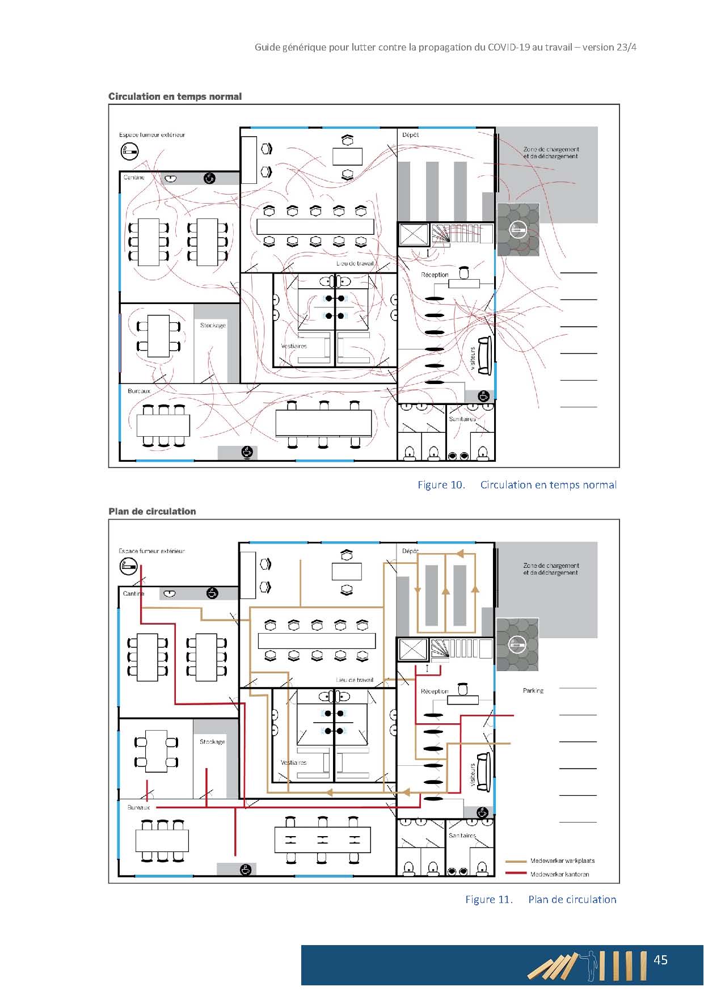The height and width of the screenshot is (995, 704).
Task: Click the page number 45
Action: click(660, 960)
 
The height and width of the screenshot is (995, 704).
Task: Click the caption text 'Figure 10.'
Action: click(441, 484)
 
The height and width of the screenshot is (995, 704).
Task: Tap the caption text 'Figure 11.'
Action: click(489, 899)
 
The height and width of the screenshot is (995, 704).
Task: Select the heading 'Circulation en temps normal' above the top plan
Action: click(175, 96)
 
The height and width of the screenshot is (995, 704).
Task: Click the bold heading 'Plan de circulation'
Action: click(153, 511)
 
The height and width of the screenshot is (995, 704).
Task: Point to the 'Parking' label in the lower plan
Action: click(533, 691)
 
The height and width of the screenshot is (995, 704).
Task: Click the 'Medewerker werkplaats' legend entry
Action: click(562, 861)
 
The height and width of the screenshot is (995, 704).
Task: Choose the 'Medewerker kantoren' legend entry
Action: click(559, 874)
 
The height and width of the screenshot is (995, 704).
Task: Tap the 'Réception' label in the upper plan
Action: click(435, 275)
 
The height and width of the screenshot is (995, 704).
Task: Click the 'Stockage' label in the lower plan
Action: click(212, 741)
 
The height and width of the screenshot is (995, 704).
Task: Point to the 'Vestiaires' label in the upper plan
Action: click(294, 346)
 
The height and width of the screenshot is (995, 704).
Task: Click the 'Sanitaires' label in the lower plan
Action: click(462, 836)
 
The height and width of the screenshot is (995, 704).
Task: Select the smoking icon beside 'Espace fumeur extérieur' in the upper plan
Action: click(130, 151)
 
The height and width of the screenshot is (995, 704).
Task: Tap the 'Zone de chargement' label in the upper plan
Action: click(551, 149)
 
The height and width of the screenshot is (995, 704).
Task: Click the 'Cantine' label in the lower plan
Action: click(134, 593)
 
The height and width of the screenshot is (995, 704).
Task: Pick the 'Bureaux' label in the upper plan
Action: click(139, 391)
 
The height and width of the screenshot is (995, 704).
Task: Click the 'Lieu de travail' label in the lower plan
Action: click(355, 680)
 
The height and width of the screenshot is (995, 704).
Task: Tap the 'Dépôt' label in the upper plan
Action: click(410, 135)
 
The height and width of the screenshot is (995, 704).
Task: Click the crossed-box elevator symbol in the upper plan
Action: click(413, 234)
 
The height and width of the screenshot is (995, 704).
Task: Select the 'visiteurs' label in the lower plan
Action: click(473, 774)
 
